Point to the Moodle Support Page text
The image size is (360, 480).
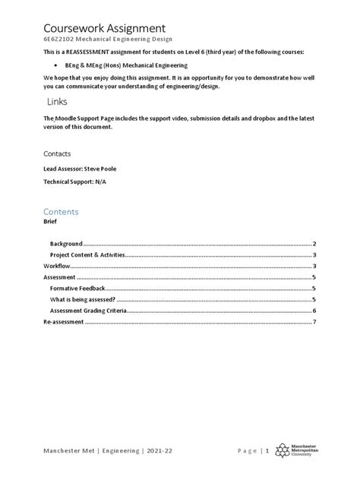pos(82,118)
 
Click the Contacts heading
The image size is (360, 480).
pos(57,153)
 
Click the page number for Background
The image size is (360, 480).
pos(314,245)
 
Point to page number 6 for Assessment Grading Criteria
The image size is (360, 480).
pos(314,311)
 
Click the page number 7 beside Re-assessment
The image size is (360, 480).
pos(314,323)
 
